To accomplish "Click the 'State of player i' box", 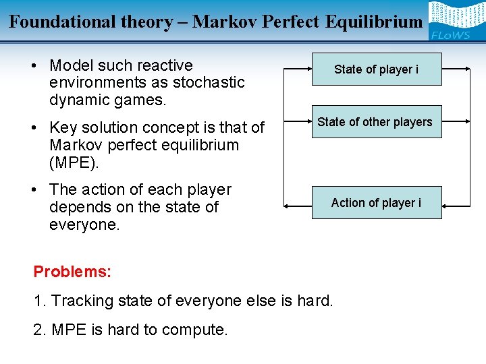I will point(376,69).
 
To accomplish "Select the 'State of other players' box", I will point(375,122).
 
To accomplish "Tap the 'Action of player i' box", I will point(376,203).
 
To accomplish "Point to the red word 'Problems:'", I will point(72,272).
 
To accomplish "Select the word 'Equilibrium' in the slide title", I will point(375,22).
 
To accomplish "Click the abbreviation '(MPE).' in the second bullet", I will point(75,162).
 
